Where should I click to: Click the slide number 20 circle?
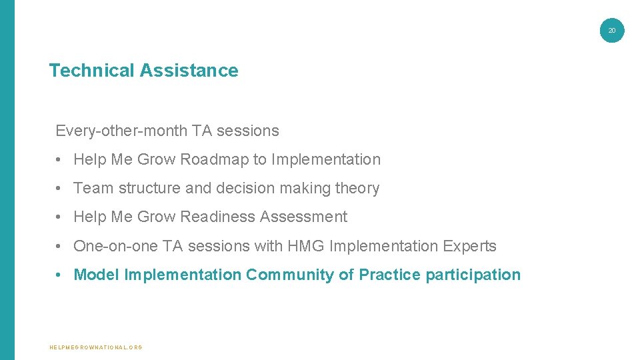pyautogui.click(x=612, y=30)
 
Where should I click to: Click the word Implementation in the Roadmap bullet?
pyautogui.click(x=326, y=160)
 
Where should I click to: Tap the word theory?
pyautogui.click(x=357, y=189)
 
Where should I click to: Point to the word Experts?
pyautogui.click(x=469, y=247)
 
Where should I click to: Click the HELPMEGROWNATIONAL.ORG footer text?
pyautogui.click(x=96, y=347)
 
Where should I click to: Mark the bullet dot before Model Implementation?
pyautogui.click(x=60, y=275)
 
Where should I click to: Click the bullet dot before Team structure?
pyautogui.click(x=60, y=189)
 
